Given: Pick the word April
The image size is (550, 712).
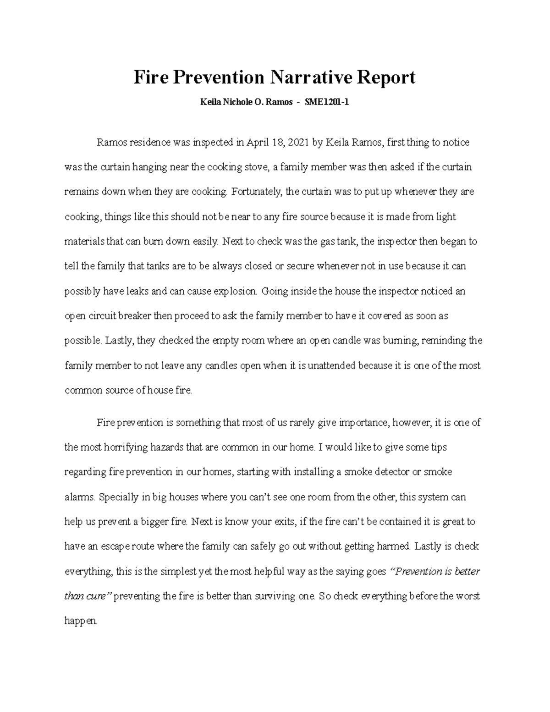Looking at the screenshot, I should point(258,143).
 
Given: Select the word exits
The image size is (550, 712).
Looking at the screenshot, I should point(283,522).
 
